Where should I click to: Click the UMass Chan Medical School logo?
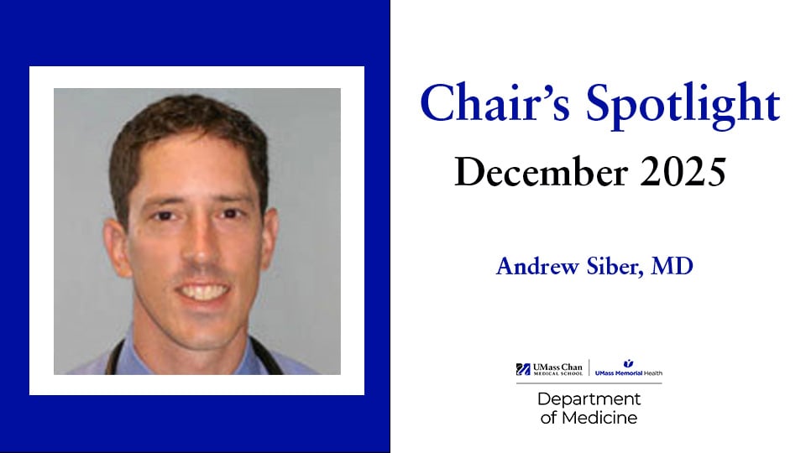(551, 369)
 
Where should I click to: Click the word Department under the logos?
(589, 398)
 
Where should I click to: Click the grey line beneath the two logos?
(589, 383)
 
